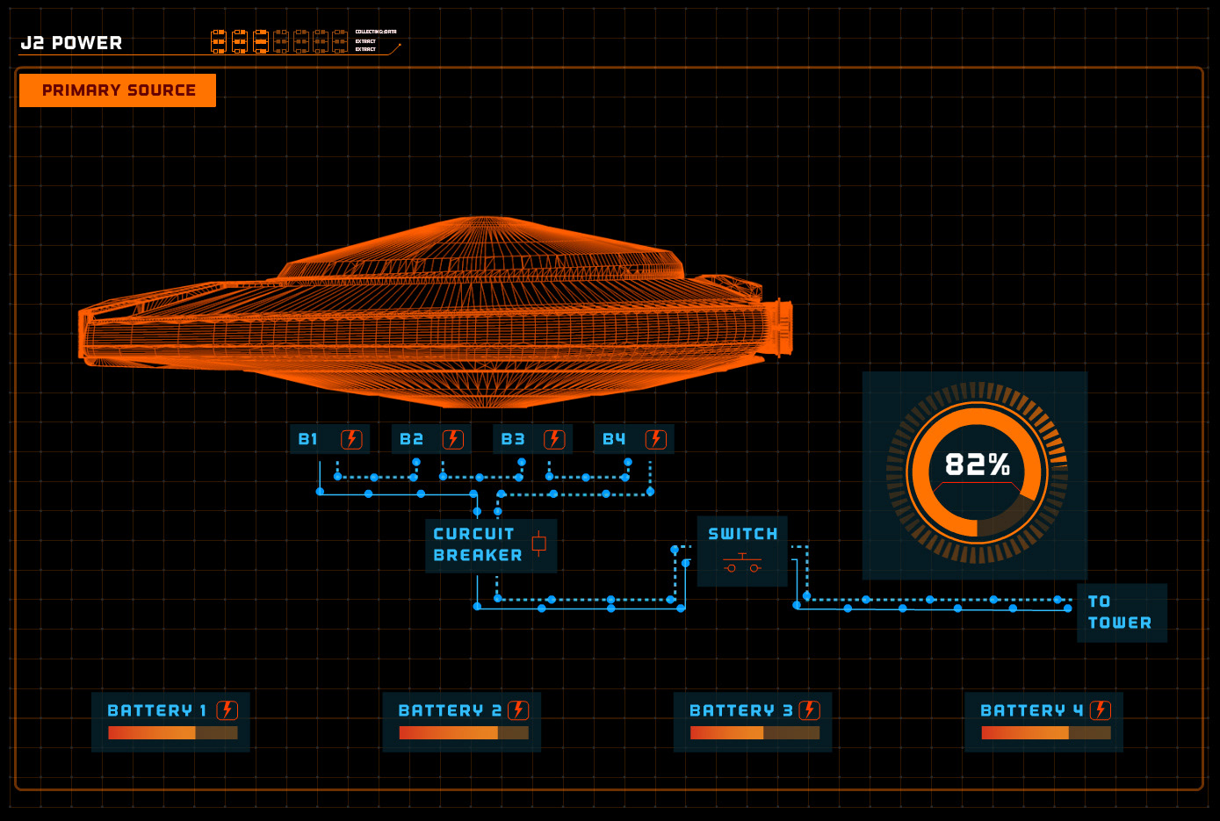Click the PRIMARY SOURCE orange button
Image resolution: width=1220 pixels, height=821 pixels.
(x=118, y=90)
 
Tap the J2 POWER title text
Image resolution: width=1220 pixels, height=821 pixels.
(x=71, y=43)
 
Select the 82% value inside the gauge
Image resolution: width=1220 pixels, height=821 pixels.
(x=977, y=465)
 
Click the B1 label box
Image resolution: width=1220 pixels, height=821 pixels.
(x=329, y=439)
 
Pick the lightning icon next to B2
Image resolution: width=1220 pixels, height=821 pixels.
(x=452, y=439)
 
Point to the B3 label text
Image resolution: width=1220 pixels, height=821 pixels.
(x=513, y=439)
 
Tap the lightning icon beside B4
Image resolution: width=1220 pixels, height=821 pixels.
(x=656, y=439)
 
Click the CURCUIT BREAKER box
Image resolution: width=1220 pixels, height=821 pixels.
(x=490, y=545)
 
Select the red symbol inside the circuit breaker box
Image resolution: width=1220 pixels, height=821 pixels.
(x=538, y=544)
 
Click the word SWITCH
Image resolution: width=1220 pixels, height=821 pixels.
(x=742, y=534)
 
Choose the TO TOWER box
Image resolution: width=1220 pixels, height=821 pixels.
(x=1121, y=612)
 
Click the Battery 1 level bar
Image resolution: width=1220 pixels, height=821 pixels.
(x=172, y=732)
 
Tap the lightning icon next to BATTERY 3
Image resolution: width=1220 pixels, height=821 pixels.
(x=809, y=710)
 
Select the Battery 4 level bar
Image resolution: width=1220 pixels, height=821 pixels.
(x=1045, y=732)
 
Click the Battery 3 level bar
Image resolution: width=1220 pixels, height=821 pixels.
(x=754, y=732)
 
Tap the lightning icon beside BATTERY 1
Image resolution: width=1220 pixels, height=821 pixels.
(x=227, y=710)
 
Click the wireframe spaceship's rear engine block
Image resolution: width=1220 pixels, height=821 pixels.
(x=780, y=328)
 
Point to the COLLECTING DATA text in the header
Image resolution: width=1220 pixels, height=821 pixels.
(x=375, y=32)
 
